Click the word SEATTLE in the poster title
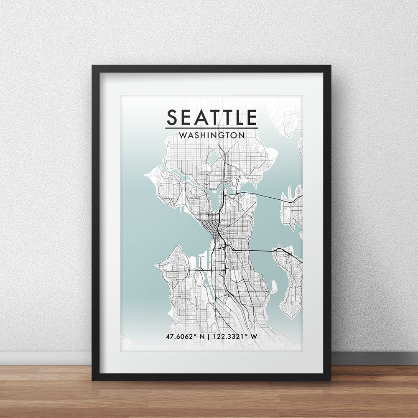point(212,117)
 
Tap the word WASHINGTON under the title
point(212,135)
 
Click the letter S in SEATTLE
point(173,117)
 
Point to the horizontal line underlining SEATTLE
point(212,128)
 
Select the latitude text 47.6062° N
point(186,336)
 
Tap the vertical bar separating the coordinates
point(212,336)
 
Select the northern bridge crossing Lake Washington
point(259,195)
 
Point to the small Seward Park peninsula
point(273,287)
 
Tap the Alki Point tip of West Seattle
point(158,265)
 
